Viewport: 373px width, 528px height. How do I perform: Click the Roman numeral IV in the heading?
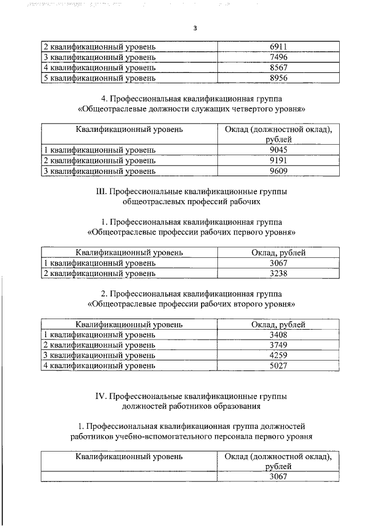(x=100, y=396)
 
